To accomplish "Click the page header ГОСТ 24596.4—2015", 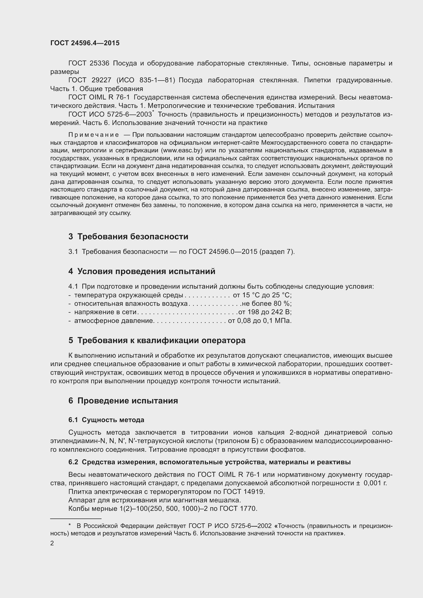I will tap(85, 43).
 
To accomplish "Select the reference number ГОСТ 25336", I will tap(88, 63).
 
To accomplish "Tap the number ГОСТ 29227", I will tap(90, 80).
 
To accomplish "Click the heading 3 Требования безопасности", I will tap(128, 236).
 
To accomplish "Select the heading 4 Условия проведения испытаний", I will tap(142, 272).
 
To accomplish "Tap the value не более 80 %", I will tap(266, 304).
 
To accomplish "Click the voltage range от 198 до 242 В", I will tap(265, 312).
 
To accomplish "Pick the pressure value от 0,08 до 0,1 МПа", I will tap(260, 321).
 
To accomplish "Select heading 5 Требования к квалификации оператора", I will tap(157, 340).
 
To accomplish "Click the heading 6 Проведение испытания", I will tap(123, 401).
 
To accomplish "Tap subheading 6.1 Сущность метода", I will tap(106, 420).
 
